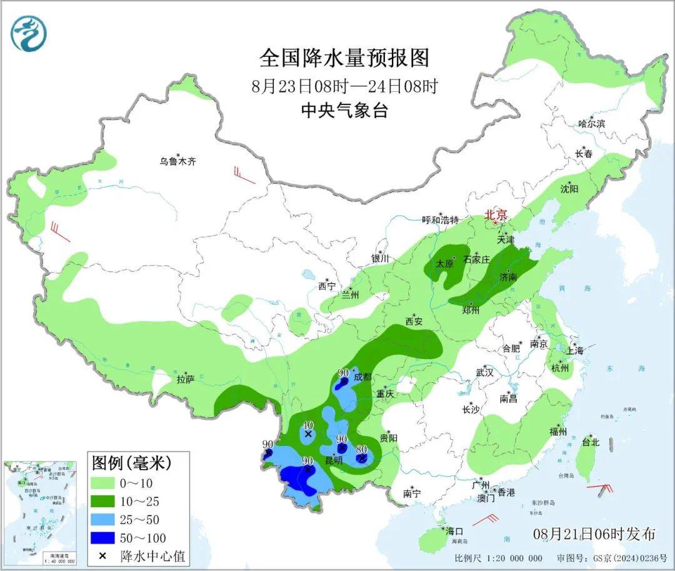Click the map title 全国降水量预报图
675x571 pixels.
(344, 58)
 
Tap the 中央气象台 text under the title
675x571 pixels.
(344, 111)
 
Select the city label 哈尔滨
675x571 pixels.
(591, 124)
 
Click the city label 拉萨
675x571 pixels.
(186, 379)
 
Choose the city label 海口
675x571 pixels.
(454, 531)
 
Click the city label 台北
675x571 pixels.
(590, 442)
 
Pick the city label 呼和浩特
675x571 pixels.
(440, 220)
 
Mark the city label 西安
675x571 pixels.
(414, 321)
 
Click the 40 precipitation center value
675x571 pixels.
(307, 425)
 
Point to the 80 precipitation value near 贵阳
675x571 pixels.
(361, 449)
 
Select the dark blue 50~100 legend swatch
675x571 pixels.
(108, 537)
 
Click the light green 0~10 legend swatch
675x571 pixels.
(108, 483)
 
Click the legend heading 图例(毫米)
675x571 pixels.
(131, 463)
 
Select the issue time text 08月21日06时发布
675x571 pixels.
(594, 533)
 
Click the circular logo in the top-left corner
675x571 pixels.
(29, 34)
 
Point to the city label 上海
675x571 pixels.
(574, 351)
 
